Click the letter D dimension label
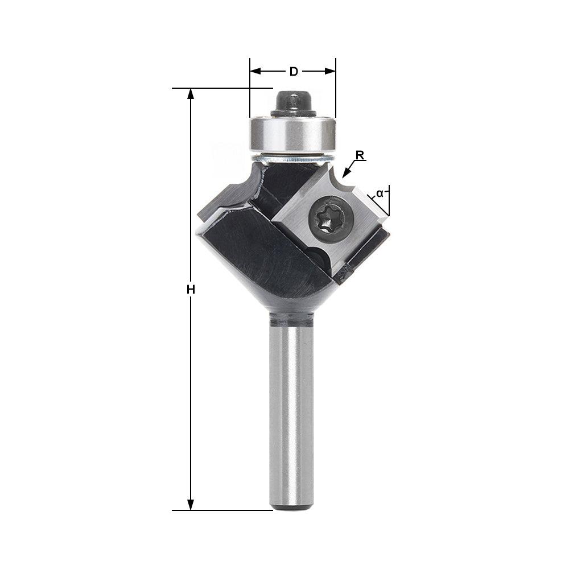coord(294,71)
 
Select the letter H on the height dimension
coord(191,290)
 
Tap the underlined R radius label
coord(360,155)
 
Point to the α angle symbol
coord(380,193)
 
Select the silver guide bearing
coord(292,133)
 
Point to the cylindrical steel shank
coord(291,410)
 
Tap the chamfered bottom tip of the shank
coord(291,505)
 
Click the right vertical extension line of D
coord(336,91)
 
